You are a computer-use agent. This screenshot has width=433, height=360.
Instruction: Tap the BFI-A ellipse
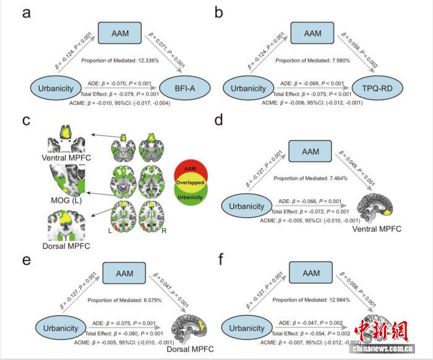(183, 89)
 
